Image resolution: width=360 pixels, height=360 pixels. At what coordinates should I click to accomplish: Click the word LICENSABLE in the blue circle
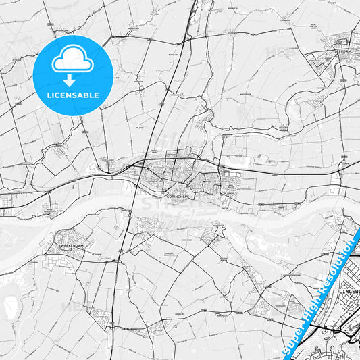[x=72, y=95]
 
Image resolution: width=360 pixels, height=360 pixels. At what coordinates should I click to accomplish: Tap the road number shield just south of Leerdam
[x=344, y=79]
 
